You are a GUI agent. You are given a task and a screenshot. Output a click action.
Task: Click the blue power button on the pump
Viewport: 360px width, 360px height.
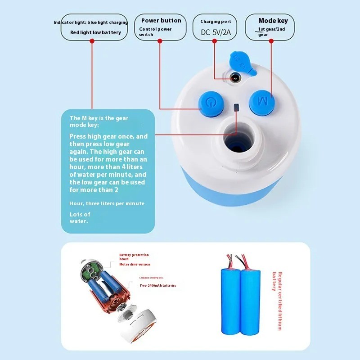210,102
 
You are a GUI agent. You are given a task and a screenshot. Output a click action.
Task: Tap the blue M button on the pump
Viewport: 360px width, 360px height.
262,99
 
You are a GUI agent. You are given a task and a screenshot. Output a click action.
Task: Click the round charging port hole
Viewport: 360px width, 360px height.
234,78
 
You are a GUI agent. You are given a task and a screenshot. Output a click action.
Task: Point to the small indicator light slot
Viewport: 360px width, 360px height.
236,108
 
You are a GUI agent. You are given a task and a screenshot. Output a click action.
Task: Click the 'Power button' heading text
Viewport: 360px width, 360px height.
161,20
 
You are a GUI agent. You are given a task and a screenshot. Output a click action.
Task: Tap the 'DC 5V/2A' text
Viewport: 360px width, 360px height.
216,32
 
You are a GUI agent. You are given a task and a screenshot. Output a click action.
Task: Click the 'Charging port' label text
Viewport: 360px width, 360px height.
216,21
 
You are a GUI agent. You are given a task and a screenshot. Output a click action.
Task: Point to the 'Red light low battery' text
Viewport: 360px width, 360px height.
95,32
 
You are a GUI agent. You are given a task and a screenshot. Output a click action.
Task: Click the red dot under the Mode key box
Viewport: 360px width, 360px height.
271,41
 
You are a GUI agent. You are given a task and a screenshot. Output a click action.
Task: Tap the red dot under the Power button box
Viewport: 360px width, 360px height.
160,41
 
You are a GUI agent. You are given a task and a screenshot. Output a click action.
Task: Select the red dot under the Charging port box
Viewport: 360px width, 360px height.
215,41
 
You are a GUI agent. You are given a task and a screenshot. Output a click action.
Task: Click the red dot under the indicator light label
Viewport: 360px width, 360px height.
92,41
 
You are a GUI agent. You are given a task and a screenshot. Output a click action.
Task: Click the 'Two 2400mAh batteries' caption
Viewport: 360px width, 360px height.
157,285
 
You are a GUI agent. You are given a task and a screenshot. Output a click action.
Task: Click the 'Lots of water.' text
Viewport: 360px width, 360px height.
80,217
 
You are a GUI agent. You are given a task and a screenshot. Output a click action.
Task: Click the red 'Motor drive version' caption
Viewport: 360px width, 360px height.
135,265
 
